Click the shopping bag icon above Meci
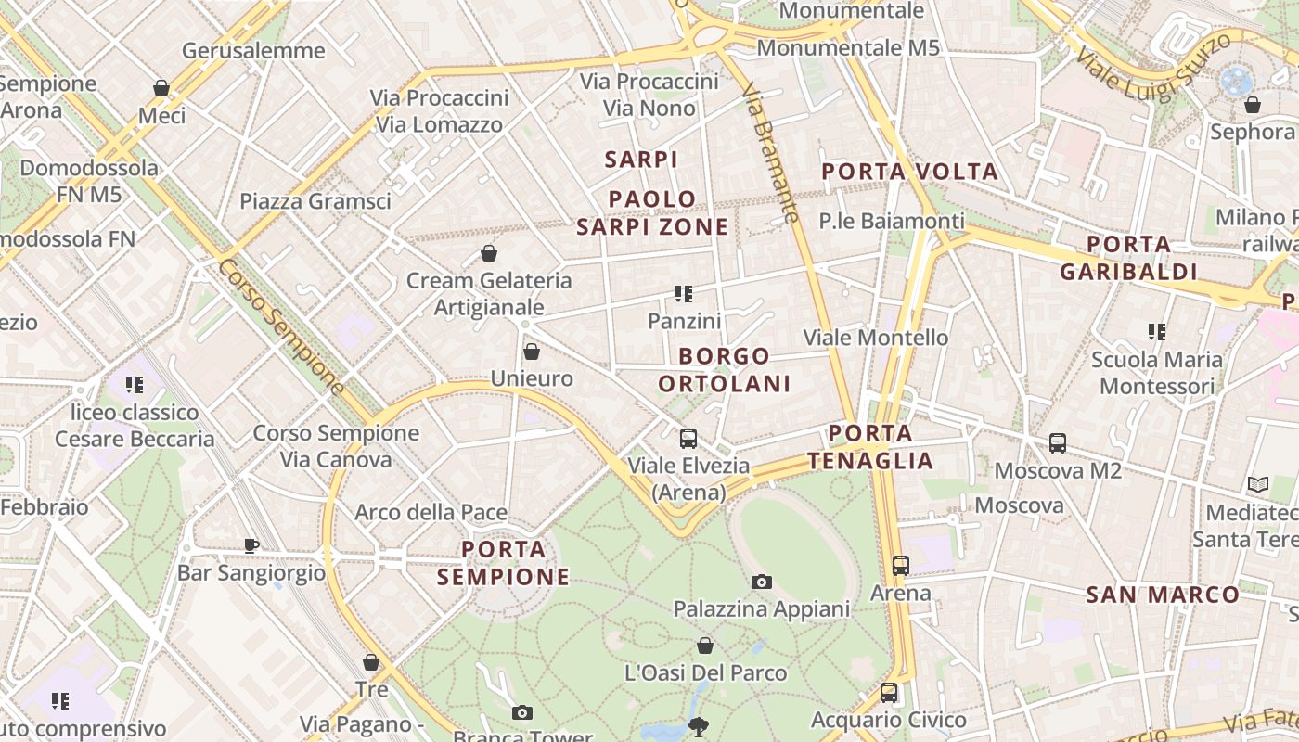161,88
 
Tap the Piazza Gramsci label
315,201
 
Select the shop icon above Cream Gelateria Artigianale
489,253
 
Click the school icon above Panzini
684,294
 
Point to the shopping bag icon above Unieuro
532,352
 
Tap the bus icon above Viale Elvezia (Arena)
688,439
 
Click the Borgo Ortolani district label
724,369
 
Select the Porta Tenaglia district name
870,447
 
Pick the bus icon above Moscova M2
1058,443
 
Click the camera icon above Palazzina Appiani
762,582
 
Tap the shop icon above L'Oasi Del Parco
705,646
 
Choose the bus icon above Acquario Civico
889,693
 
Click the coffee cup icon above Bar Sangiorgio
251,545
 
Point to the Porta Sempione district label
504,563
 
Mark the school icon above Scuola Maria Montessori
1156,331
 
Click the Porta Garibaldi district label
1128,258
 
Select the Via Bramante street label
770,154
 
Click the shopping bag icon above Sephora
1253,105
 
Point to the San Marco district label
1163,595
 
